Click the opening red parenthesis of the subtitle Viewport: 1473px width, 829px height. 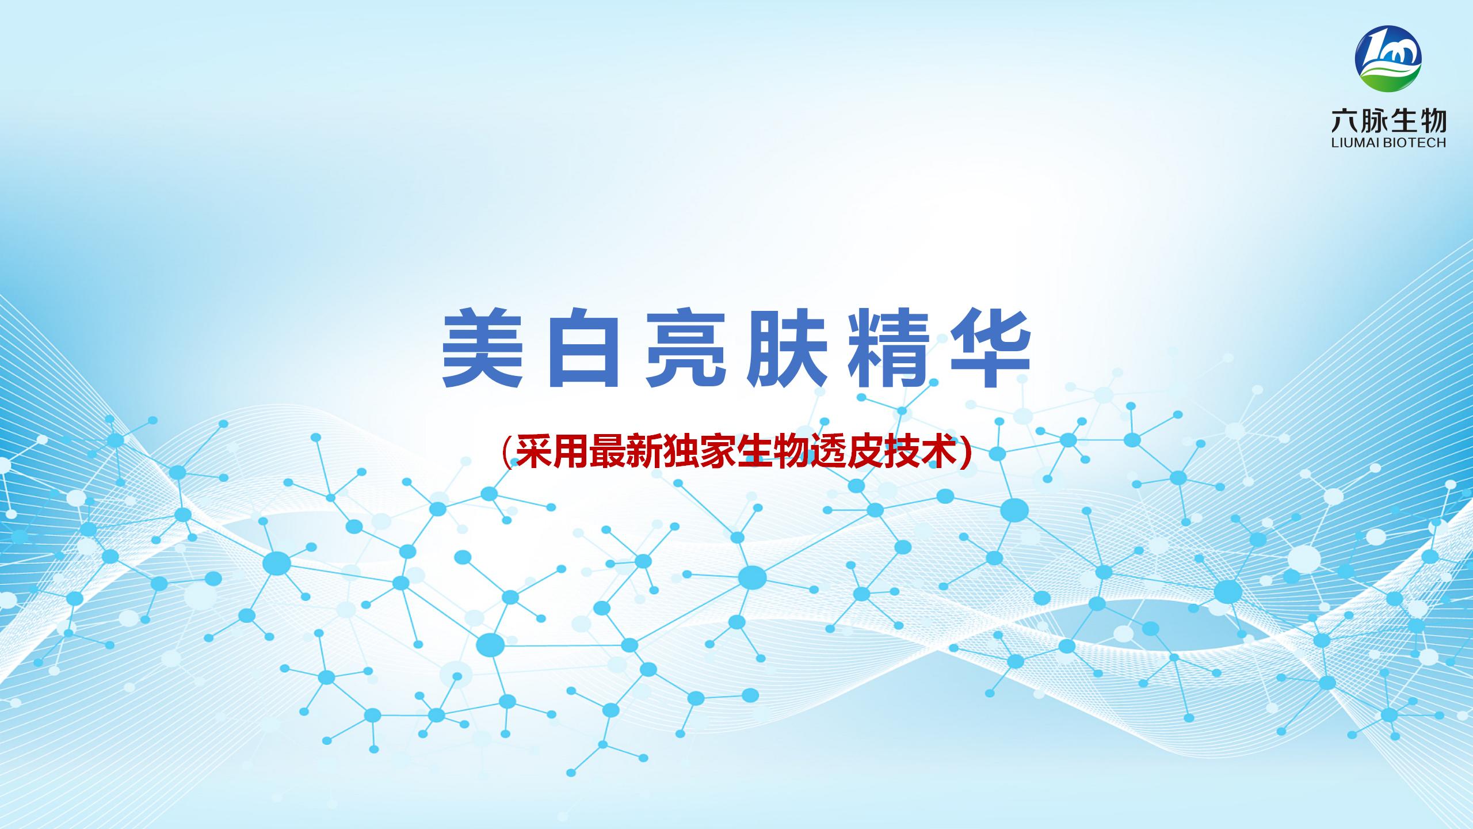(507, 453)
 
